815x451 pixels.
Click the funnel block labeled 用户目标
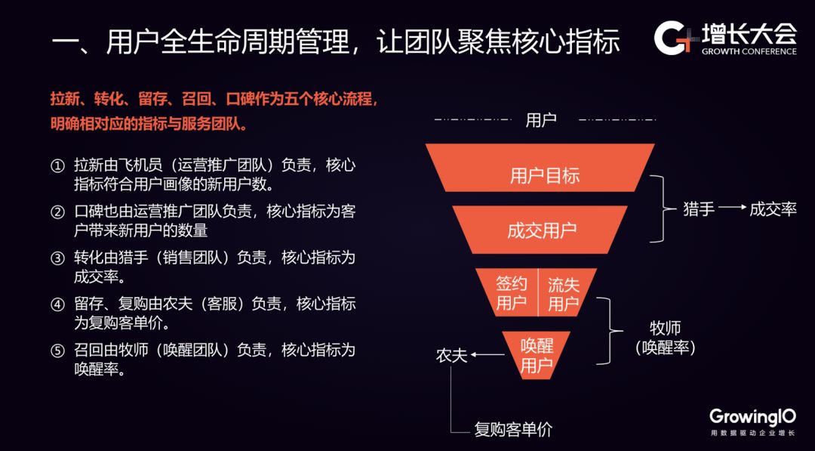point(540,176)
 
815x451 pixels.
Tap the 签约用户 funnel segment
point(511,293)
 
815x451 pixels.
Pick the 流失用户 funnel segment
point(564,293)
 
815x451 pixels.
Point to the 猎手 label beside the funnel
point(699,209)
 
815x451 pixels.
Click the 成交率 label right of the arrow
point(773,209)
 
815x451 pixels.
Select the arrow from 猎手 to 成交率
point(732,209)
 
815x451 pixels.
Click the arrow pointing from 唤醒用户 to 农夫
point(487,355)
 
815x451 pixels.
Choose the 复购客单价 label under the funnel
point(513,430)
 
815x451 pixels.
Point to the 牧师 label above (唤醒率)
point(665,329)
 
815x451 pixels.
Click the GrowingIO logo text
point(752,416)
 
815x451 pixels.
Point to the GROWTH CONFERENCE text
point(749,51)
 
